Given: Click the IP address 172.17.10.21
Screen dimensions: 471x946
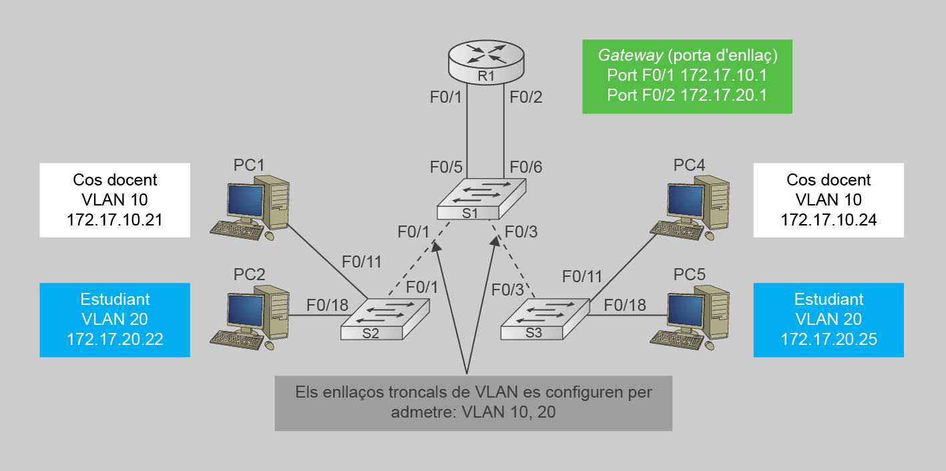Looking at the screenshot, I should pos(115,219).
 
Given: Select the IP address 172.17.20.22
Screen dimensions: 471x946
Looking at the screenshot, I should pos(115,339).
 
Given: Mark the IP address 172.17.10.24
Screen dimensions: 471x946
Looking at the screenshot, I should pos(829,219).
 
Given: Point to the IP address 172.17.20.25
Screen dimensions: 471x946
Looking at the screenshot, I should pos(829,339).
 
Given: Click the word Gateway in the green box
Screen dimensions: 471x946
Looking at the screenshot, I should pos(622,55).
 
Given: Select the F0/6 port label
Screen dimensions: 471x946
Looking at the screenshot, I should pos(526,167).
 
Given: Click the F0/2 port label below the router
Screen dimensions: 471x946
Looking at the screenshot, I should pos(526,97).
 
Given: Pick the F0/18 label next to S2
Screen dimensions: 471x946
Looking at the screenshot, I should pos(327,305).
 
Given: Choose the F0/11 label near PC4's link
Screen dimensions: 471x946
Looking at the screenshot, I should pos(582,276).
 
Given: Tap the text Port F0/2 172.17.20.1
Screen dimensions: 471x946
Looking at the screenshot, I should pos(686,95).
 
